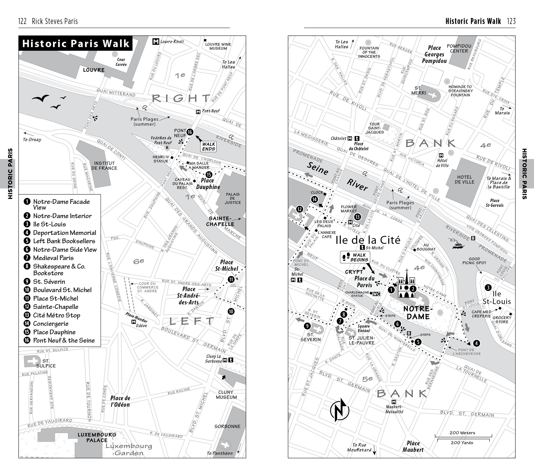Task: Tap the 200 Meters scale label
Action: coord(462,433)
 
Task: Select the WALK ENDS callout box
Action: coord(208,146)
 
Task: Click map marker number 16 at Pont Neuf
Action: coord(190,132)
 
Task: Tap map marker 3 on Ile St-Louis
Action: coord(488,288)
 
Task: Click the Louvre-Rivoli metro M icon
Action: coord(156,42)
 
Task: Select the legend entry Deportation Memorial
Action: coord(64,233)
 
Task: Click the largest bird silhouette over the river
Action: coord(40,98)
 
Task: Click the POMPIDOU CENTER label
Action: coord(459,48)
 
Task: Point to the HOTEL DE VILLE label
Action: coord(464,179)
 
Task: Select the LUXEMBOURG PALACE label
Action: coord(97,437)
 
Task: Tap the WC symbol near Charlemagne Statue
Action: coord(376,294)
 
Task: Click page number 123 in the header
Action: coord(511,21)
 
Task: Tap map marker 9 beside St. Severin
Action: coord(307,326)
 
